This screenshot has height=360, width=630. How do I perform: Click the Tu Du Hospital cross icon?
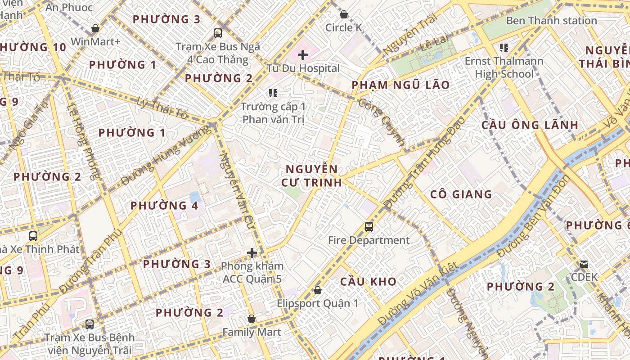(303, 55)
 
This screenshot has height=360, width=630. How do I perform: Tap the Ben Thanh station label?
(551, 21)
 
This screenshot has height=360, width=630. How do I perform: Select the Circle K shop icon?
(344, 14)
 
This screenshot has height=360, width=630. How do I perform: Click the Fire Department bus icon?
(369, 226)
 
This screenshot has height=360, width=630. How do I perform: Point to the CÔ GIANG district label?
(461, 194)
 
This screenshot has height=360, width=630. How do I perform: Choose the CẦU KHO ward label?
(368, 282)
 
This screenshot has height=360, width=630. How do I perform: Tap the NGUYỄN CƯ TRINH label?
(311, 176)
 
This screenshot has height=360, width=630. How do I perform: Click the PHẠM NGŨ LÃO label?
(400, 85)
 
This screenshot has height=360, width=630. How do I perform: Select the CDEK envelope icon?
(584, 264)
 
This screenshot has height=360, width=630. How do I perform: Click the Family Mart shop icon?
(252, 319)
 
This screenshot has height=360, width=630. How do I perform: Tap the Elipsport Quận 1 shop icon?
(317, 290)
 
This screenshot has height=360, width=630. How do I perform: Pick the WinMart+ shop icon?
(95, 28)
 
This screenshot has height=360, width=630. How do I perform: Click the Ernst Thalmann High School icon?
(504, 47)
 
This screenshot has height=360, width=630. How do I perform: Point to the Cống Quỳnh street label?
(382, 121)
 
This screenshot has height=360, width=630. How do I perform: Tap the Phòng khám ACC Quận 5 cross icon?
(252, 253)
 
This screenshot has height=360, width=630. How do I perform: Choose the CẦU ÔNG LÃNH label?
(529, 125)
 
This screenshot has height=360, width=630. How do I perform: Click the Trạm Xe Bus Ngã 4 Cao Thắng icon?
(218, 33)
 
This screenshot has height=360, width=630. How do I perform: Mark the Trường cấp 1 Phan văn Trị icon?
(273, 93)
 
